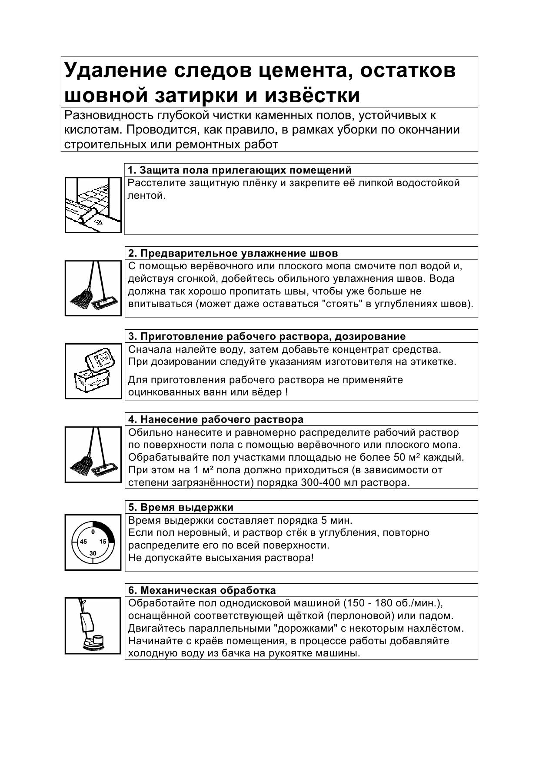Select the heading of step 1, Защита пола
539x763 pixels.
point(240,170)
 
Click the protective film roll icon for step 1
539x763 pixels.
point(93,205)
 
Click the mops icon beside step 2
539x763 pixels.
point(93,288)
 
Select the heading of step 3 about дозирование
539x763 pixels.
point(267,336)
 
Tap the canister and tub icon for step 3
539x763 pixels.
point(93,371)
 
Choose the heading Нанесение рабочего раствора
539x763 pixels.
point(216,419)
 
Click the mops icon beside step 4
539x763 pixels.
point(93,455)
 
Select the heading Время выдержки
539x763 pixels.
point(181,507)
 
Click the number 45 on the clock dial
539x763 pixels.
point(83,542)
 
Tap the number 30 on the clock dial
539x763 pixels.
point(93,553)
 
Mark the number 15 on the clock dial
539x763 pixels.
point(103,542)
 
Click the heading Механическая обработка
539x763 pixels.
point(202,590)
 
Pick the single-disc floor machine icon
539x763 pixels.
point(93,626)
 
